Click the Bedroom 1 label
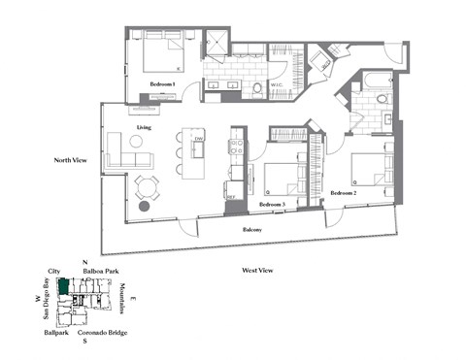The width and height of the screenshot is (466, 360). [x=162, y=84]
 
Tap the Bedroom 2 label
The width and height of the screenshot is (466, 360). [x=344, y=193]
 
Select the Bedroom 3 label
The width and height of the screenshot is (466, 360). [x=273, y=205]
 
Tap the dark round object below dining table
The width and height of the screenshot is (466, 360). [x=144, y=206]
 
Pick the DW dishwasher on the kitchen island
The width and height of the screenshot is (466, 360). [x=198, y=140]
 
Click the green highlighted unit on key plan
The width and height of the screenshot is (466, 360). [x=63, y=286]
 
